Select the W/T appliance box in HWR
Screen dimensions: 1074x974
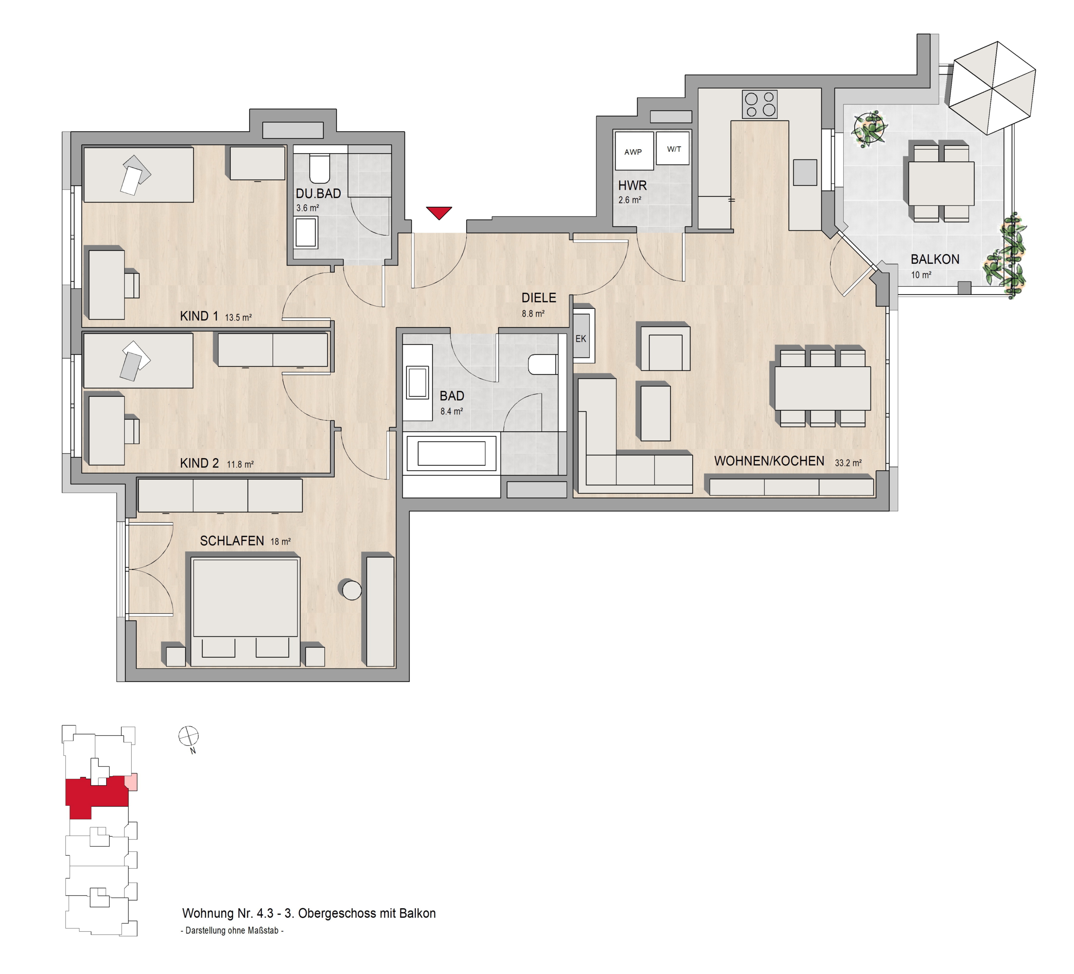pos(673,148)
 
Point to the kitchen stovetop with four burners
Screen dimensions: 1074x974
pos(760,104)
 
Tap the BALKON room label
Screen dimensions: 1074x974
pos(935,259)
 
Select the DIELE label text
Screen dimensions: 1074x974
pos(539,298)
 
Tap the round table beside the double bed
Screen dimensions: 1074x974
pos(352,590)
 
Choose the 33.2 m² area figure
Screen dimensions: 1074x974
pos(848,463)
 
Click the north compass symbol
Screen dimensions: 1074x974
pos(189,737)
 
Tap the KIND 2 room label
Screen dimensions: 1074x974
pos(199,464)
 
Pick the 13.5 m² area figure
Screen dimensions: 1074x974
pos(238,318)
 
